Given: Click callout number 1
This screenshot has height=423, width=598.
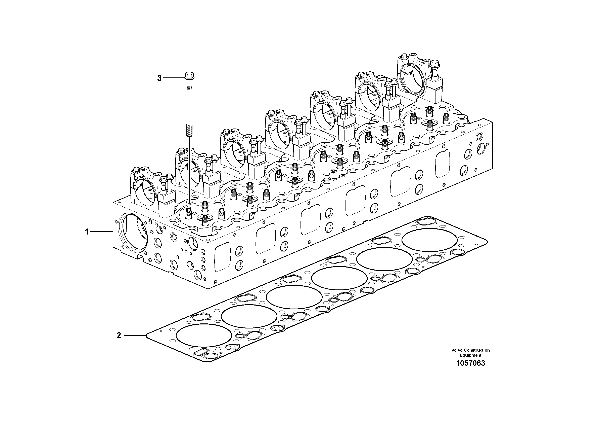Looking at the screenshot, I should (x=87, y=232).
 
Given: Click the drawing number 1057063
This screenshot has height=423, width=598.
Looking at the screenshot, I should (x=470, y=363).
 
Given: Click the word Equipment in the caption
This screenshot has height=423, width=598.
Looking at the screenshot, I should (x=470, y=355).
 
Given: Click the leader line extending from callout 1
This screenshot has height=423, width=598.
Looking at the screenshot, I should (x=102, y=231).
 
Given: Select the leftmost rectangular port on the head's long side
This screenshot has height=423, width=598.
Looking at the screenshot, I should (x=223, y=257).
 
